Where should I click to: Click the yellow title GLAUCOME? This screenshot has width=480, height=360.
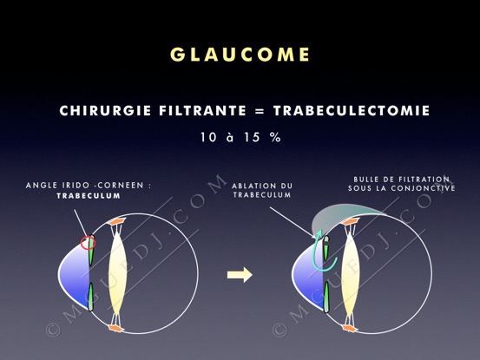tap(240, 55)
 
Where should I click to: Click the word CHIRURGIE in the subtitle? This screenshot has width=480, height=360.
tap(105, 111)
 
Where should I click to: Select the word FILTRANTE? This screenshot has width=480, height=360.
tap(202, 111)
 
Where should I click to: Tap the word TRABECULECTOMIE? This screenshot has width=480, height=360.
tap(352, 111)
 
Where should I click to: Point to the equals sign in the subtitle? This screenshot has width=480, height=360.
tap(260, 111)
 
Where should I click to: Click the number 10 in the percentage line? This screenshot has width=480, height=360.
tap(208, 137)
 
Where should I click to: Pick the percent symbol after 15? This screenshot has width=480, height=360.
tap(275, 137)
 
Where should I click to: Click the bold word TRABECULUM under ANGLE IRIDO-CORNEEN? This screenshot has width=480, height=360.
tap(89, 196)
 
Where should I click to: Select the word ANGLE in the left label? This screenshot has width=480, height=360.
tap(38, 186)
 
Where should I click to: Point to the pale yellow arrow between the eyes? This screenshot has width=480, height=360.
tap(240, 275)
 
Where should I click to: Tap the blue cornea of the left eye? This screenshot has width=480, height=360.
tap(75, 275)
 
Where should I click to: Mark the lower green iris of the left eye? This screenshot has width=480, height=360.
tap(90, 297)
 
